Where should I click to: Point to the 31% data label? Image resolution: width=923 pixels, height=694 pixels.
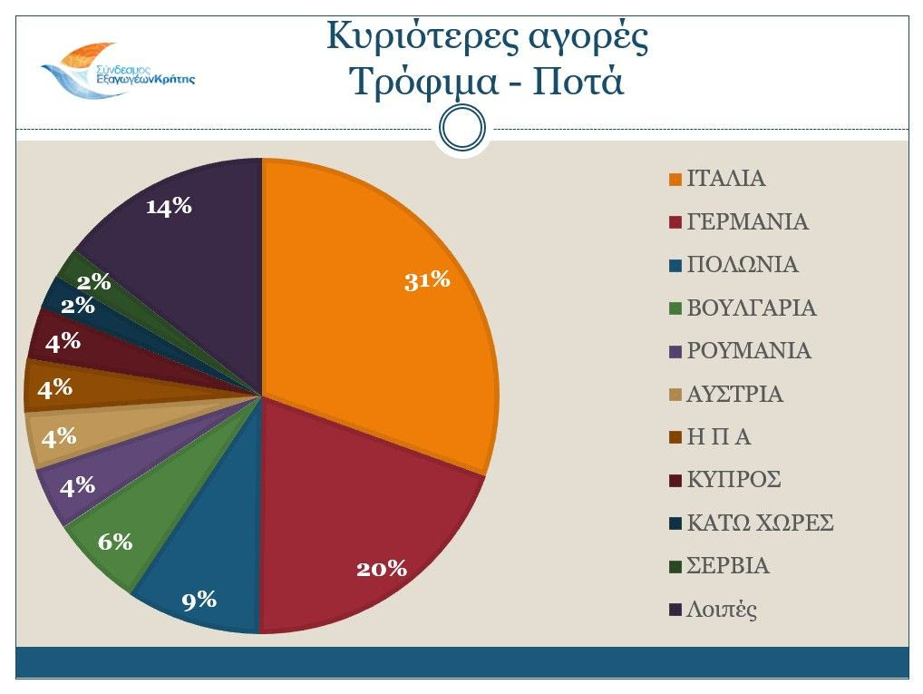427,280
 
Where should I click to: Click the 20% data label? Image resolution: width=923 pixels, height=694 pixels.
382,569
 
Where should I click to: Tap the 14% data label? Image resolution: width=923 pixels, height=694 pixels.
170,207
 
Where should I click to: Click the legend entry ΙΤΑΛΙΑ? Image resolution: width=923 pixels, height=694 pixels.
725,179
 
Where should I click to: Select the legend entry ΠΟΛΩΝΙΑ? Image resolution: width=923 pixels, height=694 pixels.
743,265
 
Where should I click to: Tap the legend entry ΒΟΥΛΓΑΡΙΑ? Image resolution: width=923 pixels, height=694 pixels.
752,308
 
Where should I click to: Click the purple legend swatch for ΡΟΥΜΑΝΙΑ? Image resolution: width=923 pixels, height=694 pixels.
675,352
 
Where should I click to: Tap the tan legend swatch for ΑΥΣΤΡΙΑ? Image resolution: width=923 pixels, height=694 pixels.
675,395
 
